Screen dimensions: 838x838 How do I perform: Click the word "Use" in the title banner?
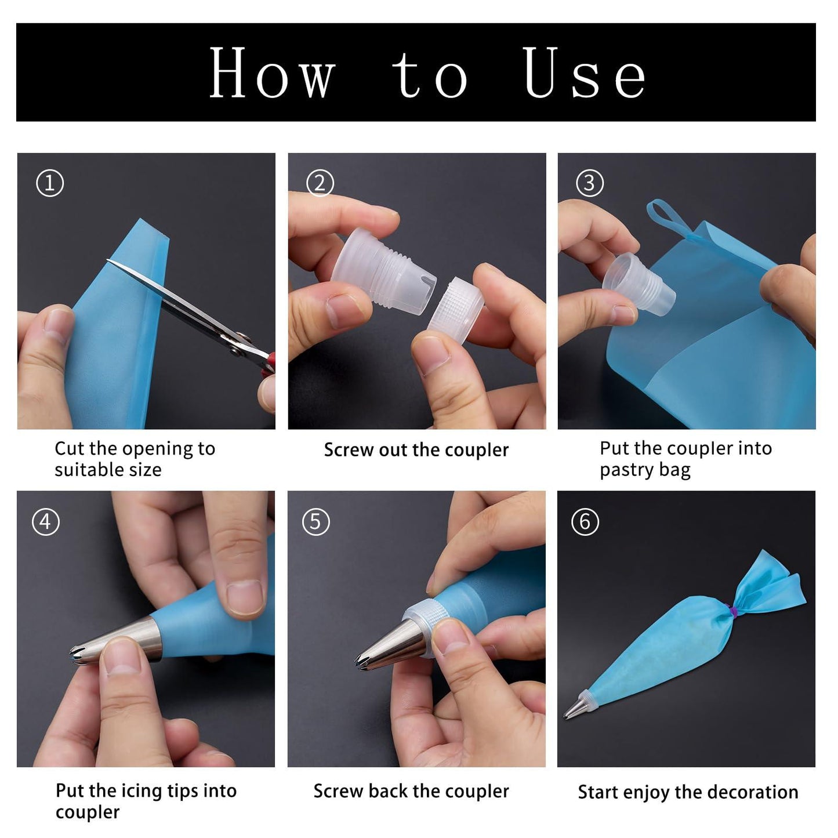[585, 72]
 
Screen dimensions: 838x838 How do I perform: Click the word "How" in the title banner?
[273, 72]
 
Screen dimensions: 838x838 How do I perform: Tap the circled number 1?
[49, 183]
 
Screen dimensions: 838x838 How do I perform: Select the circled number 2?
[320, 183]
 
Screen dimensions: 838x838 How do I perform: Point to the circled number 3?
[590, 183]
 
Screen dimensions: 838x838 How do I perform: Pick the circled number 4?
[46, 522]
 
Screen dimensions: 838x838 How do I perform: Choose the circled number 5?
[315, 522]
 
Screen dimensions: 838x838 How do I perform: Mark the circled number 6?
[585, 522]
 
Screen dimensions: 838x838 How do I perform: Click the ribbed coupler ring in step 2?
[455, 304]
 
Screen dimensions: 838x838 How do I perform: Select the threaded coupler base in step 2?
[383, 270]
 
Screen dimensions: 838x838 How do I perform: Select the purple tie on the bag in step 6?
[734, 611]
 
